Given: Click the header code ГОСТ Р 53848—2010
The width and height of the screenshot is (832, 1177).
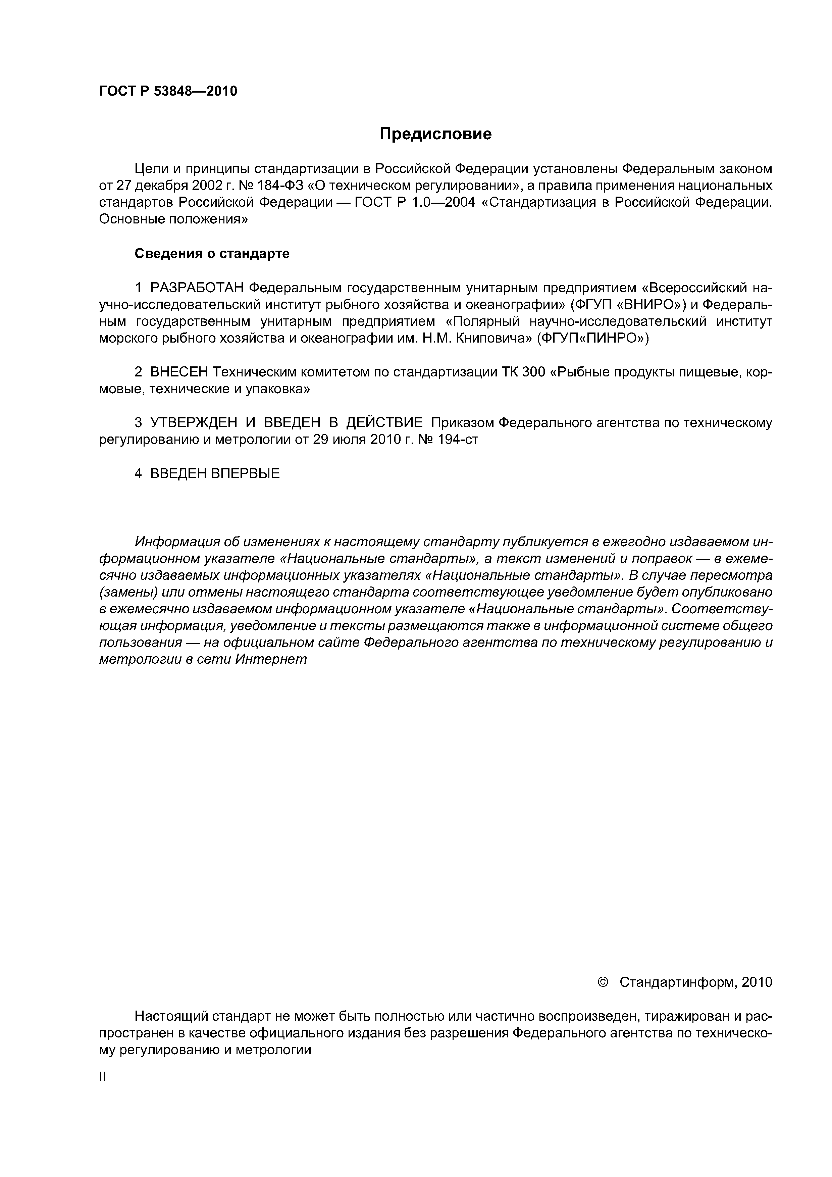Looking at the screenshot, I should (x=168, y=91).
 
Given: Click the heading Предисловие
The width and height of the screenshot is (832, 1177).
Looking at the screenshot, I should (x=435, y=134).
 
